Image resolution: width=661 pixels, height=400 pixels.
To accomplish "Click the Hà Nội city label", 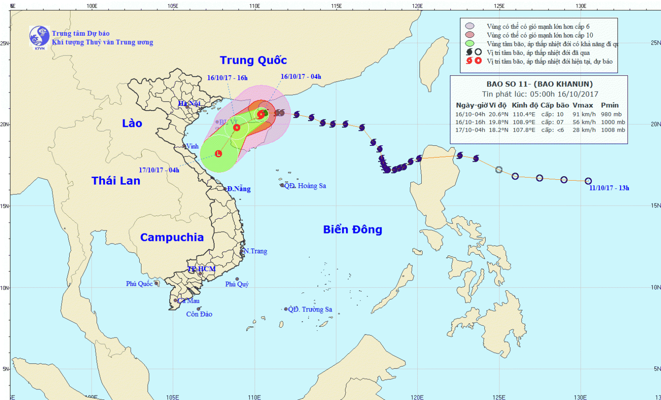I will [x=189, y=104].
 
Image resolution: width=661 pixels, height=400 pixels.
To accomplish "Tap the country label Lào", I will [x=132, y=123].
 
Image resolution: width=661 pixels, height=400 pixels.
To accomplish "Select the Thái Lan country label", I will [x=116, y=181].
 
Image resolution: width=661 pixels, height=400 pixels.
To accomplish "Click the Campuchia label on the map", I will [x=172, y=237].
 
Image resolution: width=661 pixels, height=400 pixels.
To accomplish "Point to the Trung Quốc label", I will [x=253, y=60].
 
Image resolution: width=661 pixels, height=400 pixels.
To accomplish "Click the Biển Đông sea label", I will [x=353, y=230].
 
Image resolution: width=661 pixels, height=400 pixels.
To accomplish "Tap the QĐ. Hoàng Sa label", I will [x=305, y=186].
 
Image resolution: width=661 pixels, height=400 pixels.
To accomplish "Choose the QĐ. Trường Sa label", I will [x=310, y=309].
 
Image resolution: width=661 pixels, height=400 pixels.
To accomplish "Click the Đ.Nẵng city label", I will [x=239, y=189].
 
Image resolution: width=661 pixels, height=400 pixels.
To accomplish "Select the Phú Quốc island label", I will [x=139, y=284].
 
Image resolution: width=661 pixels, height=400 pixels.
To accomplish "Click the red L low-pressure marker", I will [x=218, y=154].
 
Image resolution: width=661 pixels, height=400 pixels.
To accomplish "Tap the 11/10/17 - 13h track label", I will [x=609, y=188].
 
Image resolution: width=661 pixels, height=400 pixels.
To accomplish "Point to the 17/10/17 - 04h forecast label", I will [x=159, y=170].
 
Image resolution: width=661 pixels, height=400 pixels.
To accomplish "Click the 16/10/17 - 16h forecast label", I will [x=227, y=78].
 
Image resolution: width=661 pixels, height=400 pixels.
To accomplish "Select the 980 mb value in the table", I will [x=611, y=114].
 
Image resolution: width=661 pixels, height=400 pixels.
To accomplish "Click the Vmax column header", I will [x=583, y=105].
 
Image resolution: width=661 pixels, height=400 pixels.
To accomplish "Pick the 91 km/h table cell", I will [x=584, y=114].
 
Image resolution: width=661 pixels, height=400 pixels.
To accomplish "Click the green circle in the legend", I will [x=470, y=44].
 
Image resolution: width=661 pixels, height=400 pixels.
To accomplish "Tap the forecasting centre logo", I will [x=39, y=37].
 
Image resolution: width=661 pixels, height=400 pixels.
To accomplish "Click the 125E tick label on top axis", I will [x=499, y=6].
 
